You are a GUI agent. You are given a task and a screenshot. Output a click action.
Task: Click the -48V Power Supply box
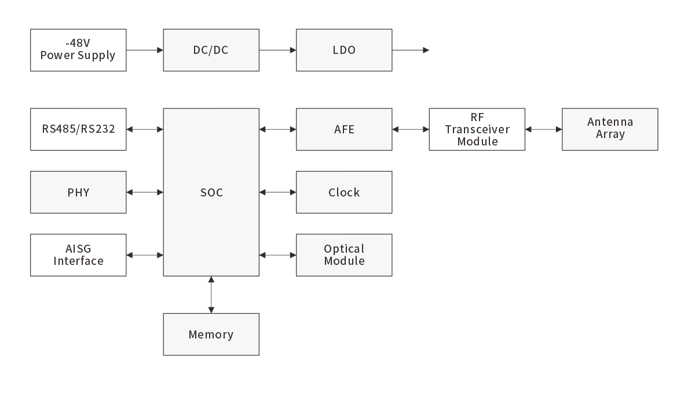[x=78, y=50]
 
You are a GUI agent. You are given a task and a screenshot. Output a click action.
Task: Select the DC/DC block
[x=211, y=50]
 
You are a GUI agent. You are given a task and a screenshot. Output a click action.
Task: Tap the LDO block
[x=344, y=50]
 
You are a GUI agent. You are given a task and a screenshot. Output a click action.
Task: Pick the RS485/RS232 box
[x=78, y=129]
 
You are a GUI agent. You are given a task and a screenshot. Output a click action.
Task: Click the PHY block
[x=78, y=192]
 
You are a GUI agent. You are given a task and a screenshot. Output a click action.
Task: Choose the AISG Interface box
[x=78, y=255]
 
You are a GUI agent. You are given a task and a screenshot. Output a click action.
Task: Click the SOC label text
[x=211, y=192]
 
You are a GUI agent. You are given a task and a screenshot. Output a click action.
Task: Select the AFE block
[x=344, y=129]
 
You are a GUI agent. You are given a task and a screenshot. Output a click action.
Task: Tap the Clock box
[x=344, y=192]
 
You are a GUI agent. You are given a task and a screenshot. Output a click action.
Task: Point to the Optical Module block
[x=344, y=255]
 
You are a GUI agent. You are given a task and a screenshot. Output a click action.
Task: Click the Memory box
[x=211, y=334]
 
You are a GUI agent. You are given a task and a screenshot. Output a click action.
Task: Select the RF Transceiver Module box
[x=477, y=129]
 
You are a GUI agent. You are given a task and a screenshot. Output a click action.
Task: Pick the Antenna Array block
[x=610, y=129]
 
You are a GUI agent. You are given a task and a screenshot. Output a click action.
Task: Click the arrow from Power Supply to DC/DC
[x=145, y=50]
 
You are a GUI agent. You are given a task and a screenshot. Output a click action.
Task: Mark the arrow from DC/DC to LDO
[x=277, y=50]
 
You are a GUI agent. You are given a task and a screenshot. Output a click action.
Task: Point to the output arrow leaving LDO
[x=411, y=50]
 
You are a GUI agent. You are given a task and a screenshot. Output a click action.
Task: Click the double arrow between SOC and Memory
[x=211, y=294]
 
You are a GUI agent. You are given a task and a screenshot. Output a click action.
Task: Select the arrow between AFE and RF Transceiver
[x=411, y=129]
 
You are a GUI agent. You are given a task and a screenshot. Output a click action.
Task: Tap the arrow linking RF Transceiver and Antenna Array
[x=543, y=129]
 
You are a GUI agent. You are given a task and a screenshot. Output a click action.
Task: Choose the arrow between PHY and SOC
[x=145, y=192]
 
